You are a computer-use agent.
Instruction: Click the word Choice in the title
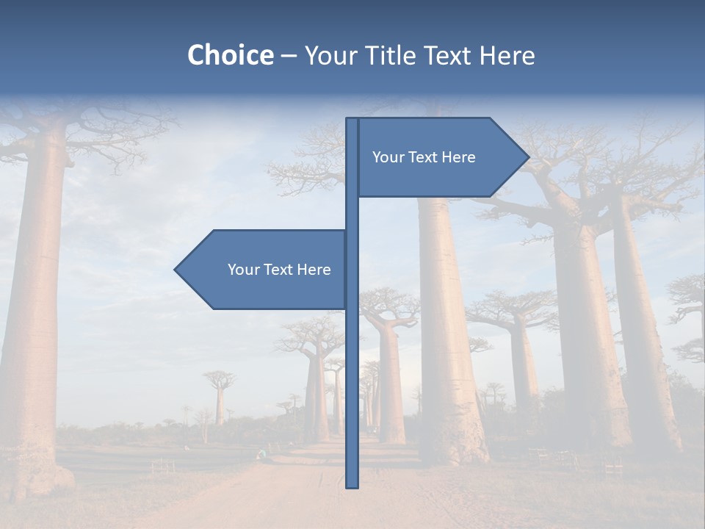click(x=230, y=55)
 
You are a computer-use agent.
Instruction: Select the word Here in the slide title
click(x=507, y=55)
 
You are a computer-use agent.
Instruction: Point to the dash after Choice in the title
click(x=289, y=56)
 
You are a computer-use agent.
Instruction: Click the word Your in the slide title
click(x=329, y=55)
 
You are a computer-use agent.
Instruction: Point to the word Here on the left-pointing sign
click(x=314, y=270)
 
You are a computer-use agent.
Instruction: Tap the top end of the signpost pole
click(x=352, y=120)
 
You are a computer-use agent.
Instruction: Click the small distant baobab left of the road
click(x=219, y=400)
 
